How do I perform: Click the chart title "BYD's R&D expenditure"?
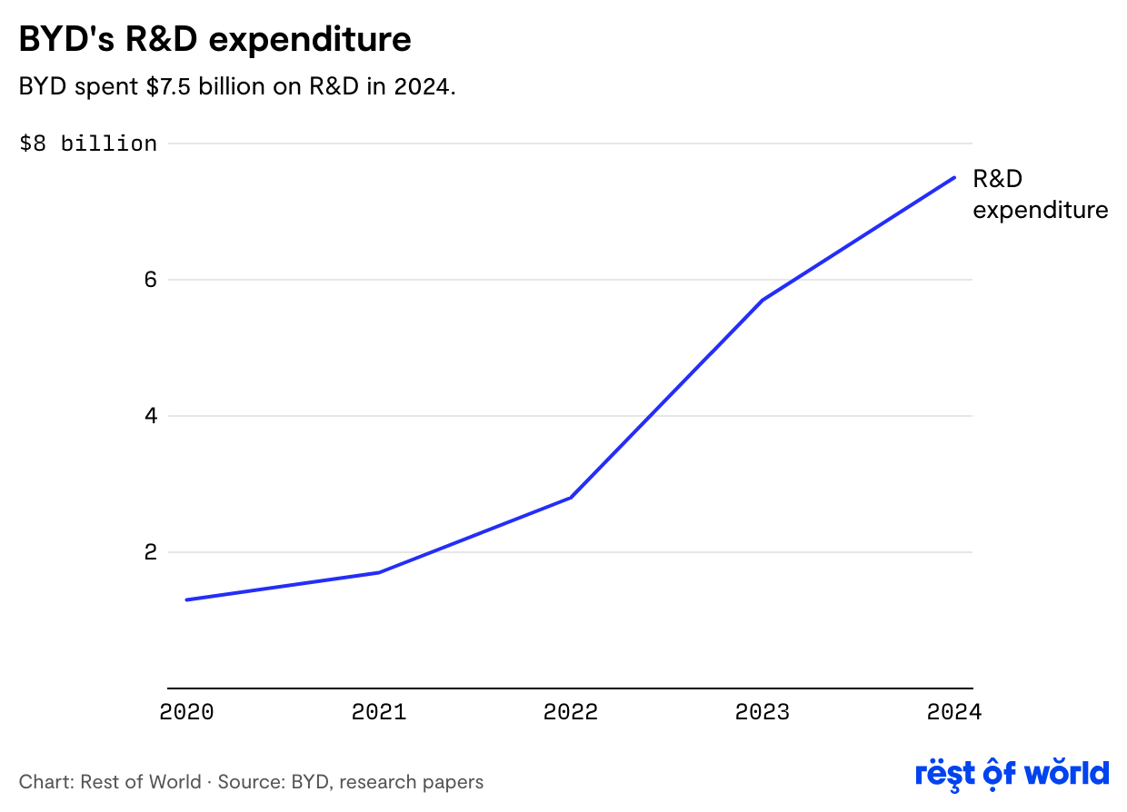[215, 39]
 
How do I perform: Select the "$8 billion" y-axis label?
[88, 144]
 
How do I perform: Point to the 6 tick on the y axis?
[149, 280]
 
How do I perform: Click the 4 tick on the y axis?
[149, 416]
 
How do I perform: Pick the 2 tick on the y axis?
[149, 552]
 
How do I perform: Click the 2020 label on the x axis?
[186, 712]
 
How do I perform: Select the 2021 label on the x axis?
[378, 712]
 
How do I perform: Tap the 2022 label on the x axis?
[571, 712]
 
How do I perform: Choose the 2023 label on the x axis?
[763, 712]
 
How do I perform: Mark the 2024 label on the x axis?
[953, 712]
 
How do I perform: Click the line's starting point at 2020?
[186, 599]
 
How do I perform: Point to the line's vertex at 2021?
[378, 572]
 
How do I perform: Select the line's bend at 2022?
[571, 497]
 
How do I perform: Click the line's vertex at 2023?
[762, 300]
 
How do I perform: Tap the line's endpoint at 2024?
[954, 177]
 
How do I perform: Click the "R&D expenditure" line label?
[1040, 194]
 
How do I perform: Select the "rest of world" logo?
[1012, 774]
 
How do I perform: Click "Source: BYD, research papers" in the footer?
[351, 782]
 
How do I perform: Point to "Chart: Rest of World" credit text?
[110, 782]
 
